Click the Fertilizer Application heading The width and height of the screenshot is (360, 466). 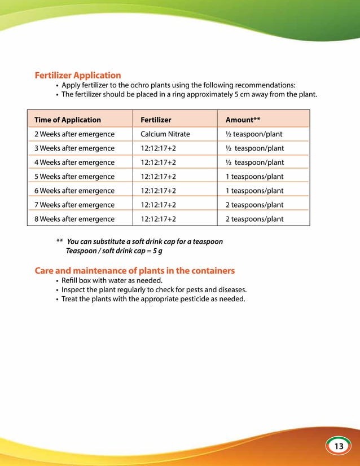click(x=78, y=75)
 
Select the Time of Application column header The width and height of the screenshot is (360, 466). click(x=68, y=120)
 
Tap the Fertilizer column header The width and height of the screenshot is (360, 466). click(x=156, y=120)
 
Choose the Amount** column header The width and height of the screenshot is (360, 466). click(x=243, y=120)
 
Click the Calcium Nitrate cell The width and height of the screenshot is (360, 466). click(x=165, y=134)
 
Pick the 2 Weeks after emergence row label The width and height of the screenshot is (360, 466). click(x=74, y=134)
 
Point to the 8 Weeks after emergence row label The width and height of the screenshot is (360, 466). click(x=74, y=219)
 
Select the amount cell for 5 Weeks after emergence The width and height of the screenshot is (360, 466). click(x=254, y=177)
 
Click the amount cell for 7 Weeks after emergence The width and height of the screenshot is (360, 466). click(x=254, y=205)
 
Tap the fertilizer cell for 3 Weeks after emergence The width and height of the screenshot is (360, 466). click(x=158, y=148)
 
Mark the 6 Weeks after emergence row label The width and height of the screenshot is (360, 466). click(x=74, y=191)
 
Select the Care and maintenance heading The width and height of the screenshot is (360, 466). click(x=135, y=270)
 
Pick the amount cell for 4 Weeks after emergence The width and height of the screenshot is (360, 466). click(x=254, y=162)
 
